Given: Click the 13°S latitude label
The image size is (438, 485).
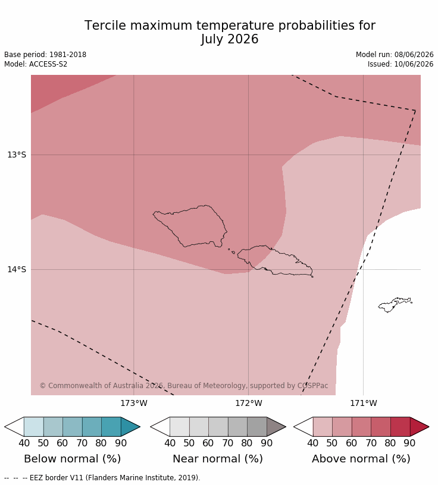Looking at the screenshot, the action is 17,155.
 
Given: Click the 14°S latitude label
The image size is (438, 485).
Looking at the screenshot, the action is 17,269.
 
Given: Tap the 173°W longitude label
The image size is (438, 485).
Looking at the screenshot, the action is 134,404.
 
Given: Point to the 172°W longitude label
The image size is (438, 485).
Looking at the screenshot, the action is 248,404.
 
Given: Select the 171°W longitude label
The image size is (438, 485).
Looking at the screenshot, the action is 364,404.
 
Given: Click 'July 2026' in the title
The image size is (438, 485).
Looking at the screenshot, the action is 230,39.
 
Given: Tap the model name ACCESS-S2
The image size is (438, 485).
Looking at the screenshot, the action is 48,64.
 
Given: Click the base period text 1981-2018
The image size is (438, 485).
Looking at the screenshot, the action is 68,55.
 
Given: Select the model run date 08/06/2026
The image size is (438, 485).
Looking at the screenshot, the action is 414,55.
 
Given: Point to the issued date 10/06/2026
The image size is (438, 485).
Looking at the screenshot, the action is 414,64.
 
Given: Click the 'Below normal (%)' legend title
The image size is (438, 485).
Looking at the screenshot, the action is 72,459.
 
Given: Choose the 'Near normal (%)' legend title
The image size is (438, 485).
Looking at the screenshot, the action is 218,459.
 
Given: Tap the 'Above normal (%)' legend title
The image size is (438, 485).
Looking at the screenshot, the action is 361,459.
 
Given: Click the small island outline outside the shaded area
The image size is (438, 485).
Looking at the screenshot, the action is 395,305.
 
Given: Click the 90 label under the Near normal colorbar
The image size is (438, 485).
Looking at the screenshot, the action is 267,443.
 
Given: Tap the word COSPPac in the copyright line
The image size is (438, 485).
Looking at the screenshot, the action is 312,386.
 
